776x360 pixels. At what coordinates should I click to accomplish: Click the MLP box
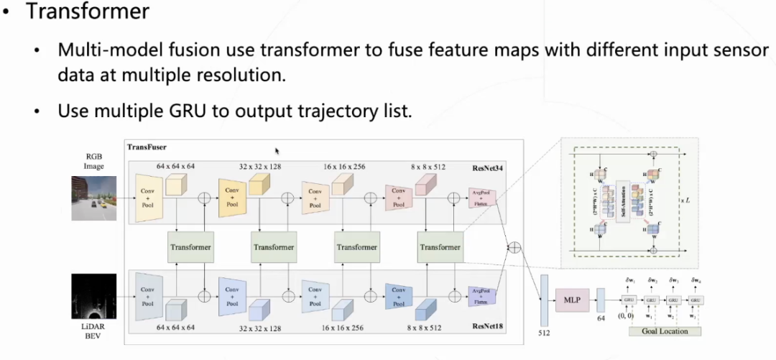573,297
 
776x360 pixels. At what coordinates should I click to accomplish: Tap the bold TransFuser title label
147,147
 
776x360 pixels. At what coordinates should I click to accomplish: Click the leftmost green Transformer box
190,247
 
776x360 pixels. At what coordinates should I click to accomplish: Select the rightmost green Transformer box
440,247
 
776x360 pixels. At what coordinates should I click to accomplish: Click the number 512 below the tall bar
544,333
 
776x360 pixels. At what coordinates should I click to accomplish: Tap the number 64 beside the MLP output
601,318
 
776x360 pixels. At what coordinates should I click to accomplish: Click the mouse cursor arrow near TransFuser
277,152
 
